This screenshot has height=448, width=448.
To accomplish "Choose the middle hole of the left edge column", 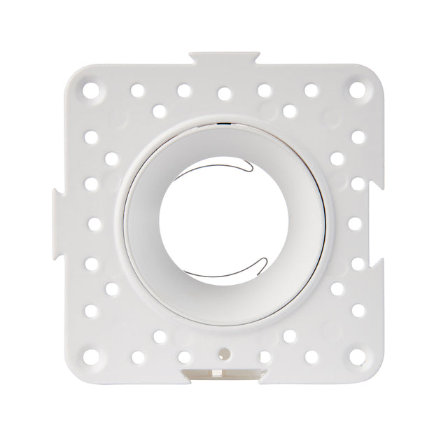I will tap(94, 223).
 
